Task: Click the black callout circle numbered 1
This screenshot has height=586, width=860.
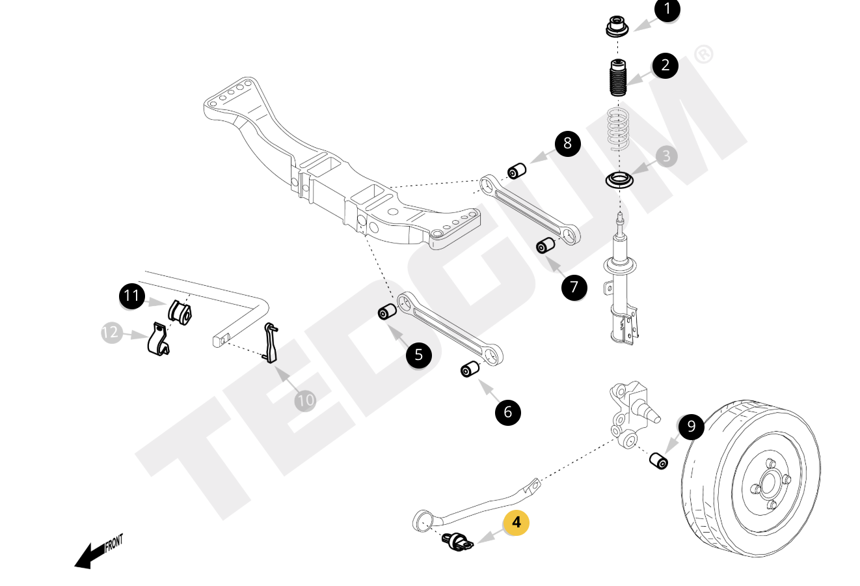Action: (667, 10)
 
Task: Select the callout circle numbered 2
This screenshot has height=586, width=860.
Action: (665, 65)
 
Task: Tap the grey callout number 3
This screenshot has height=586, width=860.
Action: (665, 156)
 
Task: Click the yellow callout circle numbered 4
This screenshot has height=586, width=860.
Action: (517, 522)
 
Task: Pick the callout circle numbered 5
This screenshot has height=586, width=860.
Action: (418, 355)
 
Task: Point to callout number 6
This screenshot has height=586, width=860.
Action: (507, 412)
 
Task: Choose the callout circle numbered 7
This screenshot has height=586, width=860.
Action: (574, 287)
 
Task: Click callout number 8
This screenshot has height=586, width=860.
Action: (567, 143)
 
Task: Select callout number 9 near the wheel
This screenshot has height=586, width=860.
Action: (691, 426)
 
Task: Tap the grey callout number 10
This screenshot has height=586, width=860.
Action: (305, 400)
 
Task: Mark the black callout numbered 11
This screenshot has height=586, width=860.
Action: (132, 296)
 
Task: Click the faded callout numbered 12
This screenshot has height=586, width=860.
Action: (111, 333)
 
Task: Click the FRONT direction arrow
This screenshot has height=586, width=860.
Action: (98, 551)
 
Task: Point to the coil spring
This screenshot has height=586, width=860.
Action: (619, 128)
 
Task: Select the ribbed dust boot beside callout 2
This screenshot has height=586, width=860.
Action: (617, 79)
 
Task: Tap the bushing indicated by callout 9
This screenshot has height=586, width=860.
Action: (659, 460)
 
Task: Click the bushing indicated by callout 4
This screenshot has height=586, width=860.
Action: (459, 542)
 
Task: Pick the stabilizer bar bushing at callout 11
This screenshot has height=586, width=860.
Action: (180, 311)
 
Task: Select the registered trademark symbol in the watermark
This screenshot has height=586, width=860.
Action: (703, 54)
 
